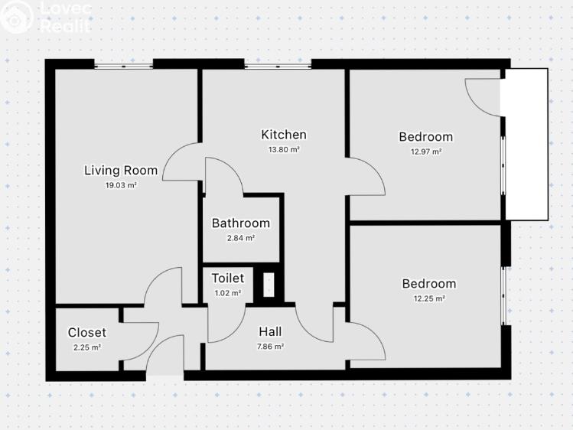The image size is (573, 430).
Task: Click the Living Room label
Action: (121, 171)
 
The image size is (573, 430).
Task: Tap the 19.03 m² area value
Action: (121, 185)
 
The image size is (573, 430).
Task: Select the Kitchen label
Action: (284, 135)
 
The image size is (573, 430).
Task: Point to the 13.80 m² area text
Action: (284, 149)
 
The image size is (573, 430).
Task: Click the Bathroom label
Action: (241, 223)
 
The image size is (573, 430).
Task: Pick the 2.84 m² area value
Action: (241, 238)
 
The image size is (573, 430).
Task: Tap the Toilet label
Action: (228, 279)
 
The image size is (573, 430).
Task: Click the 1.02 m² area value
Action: (228, 293)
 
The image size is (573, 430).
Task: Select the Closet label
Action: (87, 333)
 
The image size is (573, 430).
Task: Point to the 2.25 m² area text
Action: (87, 347)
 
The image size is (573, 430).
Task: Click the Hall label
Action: (270, 332)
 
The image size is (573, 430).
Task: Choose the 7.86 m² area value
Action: (270, 347)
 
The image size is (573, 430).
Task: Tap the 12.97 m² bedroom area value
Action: (426, 151)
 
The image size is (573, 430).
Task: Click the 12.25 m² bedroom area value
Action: (429, 298)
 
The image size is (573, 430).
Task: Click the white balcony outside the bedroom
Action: (526, 145)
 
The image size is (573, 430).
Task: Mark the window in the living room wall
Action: (123, 66)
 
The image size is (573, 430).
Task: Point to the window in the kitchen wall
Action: (278, 66)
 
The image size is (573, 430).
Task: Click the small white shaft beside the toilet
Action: (269, 285)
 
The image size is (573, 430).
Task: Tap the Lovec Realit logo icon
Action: (15, 17)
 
